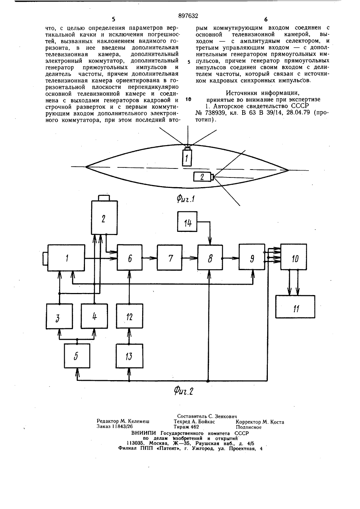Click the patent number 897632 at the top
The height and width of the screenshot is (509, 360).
click(x=188, y=16)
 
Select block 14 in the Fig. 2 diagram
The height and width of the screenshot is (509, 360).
click(x=187, y=221)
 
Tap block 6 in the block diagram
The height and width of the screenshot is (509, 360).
click(x=130, y=257)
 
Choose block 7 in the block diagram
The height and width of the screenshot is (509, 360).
click(x=170, y=257)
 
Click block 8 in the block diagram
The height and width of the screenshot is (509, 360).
click(x=210, y=257)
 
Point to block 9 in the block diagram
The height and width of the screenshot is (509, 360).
click(x=252, y=257)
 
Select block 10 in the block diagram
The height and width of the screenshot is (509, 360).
click(x=294, y=257)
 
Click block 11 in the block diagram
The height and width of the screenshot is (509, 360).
click(x=295, y=307)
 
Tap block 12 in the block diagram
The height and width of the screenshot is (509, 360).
click(x=130, y=316)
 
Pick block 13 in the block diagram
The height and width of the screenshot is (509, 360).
click(x=130, y=356)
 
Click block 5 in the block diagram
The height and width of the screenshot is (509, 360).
click(x=77, y=356)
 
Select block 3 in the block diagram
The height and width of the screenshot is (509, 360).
click(x=59, y=316)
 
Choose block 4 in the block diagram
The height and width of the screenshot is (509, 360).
click(x=94, y=316)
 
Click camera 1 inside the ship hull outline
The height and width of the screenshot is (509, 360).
click(x=187, y=157)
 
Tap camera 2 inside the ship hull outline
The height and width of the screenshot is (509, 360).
click(x=203, y=176)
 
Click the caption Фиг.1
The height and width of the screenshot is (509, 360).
click(x=186, y=199)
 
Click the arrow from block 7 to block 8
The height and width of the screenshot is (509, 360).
click(x=190, y=258)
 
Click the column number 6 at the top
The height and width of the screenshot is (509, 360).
click(x=266, y=19)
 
